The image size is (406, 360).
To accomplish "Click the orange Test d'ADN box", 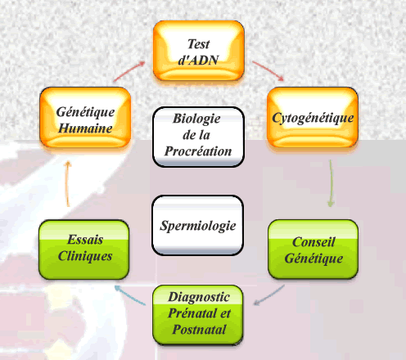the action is tap(198, 51).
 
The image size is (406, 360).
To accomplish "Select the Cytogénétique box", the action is tap(313, 118).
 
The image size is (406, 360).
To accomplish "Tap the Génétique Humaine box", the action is tap(85, 118).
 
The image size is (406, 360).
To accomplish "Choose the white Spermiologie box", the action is tap(197, 225).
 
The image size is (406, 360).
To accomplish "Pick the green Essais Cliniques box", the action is tap(84, 250).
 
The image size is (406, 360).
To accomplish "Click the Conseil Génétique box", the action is tap(314, 250).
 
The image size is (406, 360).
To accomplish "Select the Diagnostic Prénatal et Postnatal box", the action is tap(198, 315).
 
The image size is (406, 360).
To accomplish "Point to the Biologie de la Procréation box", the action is tap(198, 137).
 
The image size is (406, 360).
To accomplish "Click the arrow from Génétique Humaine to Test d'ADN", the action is tap(129, 71).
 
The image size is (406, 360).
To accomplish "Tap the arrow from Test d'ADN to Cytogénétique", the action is tap(268, 70).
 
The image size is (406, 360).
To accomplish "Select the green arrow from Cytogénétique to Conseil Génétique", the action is tap(332, 183).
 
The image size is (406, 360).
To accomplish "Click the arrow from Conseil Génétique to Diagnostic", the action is tap(269, 295).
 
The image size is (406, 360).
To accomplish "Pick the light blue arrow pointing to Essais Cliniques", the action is tap(130, 295).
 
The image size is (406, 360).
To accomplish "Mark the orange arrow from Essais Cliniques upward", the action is tap(67, 183).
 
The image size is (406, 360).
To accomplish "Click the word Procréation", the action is tap(198, 151).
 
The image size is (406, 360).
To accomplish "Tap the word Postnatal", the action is tap(199, 330).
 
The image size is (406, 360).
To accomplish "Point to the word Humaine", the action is tap(85, 128).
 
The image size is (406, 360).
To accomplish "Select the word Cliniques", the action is tap(85, 256).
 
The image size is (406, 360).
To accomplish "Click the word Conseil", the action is tap(314, 242).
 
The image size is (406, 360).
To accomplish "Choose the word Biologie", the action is tap(196, 119).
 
